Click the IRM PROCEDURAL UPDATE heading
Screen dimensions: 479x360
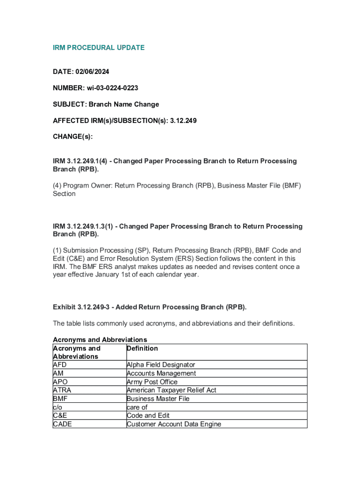99,48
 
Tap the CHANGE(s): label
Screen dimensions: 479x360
72,137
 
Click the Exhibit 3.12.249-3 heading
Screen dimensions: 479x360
149,307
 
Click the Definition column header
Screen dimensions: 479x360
142,348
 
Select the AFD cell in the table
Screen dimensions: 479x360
60,365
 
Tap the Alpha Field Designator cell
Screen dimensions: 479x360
161,365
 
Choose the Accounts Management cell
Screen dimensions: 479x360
161,373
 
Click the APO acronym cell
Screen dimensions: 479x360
60,382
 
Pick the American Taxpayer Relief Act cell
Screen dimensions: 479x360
172,390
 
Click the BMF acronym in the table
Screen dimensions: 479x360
60,399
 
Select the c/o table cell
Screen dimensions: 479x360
58,407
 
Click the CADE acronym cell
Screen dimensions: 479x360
63,424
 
